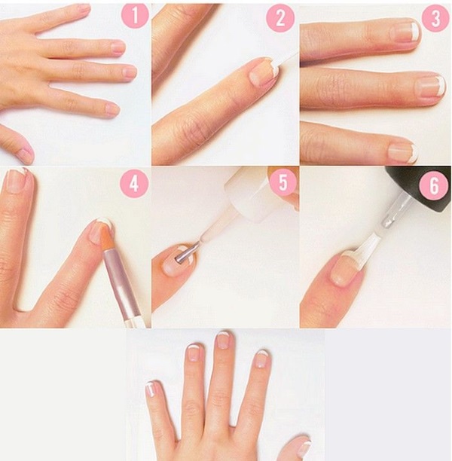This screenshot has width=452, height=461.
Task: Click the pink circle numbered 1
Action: (x=134, y=16)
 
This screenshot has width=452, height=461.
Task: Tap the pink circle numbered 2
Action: (x=280, y=18)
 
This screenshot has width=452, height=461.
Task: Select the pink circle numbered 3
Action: (x=435, y=18)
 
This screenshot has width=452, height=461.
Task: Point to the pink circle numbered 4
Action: (x=134, y=183)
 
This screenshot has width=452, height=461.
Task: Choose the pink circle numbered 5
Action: (x=282, y=183)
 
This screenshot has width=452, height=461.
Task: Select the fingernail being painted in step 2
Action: (x=264, y=72)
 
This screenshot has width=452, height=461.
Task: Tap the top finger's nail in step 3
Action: (x=405, y=32)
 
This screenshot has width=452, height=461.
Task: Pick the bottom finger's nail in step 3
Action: (x=403, y=152)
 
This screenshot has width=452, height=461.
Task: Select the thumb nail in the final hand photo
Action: (x=303, y=447)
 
